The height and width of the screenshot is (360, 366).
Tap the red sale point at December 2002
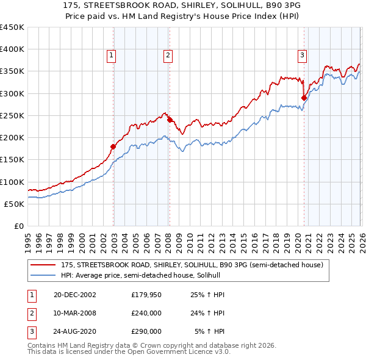pyautogui.click(x=113, y=146)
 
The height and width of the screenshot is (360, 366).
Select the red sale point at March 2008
pyautogui.click(x=170, y=120)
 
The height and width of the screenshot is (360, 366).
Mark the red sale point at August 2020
pyautogui.click(x=304, y=98)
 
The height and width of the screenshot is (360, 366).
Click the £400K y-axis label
pyautogui.click(x=12, y=49)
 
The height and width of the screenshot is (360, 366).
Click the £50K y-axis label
pyautogui.click(x=14, y=204)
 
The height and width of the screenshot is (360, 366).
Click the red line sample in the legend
pyautogui.click(x=43, y=265)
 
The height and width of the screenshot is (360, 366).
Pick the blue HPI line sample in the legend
pyautogui.click(x=43, y=275)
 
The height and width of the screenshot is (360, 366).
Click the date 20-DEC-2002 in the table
pyautogui.click(x=75, y=295)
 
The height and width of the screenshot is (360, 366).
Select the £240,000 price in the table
pyautogui.click(x=146, y=314)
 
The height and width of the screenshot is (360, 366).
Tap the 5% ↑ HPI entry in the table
pyautogui.click(x=209, y=331)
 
